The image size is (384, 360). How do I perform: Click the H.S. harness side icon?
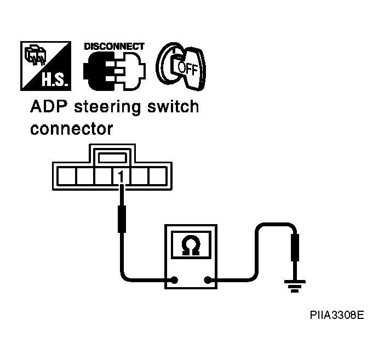click(x=46, y=66)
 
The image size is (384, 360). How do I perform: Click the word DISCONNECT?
click(x=114, y=47)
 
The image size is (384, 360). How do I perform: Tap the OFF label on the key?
click(x=187, y=68)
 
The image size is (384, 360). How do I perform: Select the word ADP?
click(x=49, y=106)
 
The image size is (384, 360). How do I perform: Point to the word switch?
click(x=173, y=106)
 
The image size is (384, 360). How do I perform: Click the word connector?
click(x=72, y=129)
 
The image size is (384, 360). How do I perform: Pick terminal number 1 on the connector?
click(x=121, y=176)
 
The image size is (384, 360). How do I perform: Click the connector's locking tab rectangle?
click(x=112, y=158)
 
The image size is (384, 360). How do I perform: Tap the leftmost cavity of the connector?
click(x=67, y=176)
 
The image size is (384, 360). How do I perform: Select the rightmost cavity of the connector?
click(x=158, y=176)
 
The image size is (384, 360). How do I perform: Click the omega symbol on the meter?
click(x=191, y=245)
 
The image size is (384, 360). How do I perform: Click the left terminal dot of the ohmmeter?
click(x=174, y=280)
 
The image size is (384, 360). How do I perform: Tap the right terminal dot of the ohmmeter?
click(x=208, y=280)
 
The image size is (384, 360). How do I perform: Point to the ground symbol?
click(x=295, y=286)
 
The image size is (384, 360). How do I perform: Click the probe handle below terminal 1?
click(x=122, y=219)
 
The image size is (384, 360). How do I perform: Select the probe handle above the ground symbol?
click(x=295, y=248)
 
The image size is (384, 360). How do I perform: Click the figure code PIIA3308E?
click(x=337, y=315)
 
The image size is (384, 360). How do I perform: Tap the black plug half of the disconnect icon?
click(x=99, y=72)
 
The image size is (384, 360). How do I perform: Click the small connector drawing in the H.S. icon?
click(x=35, y=55)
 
